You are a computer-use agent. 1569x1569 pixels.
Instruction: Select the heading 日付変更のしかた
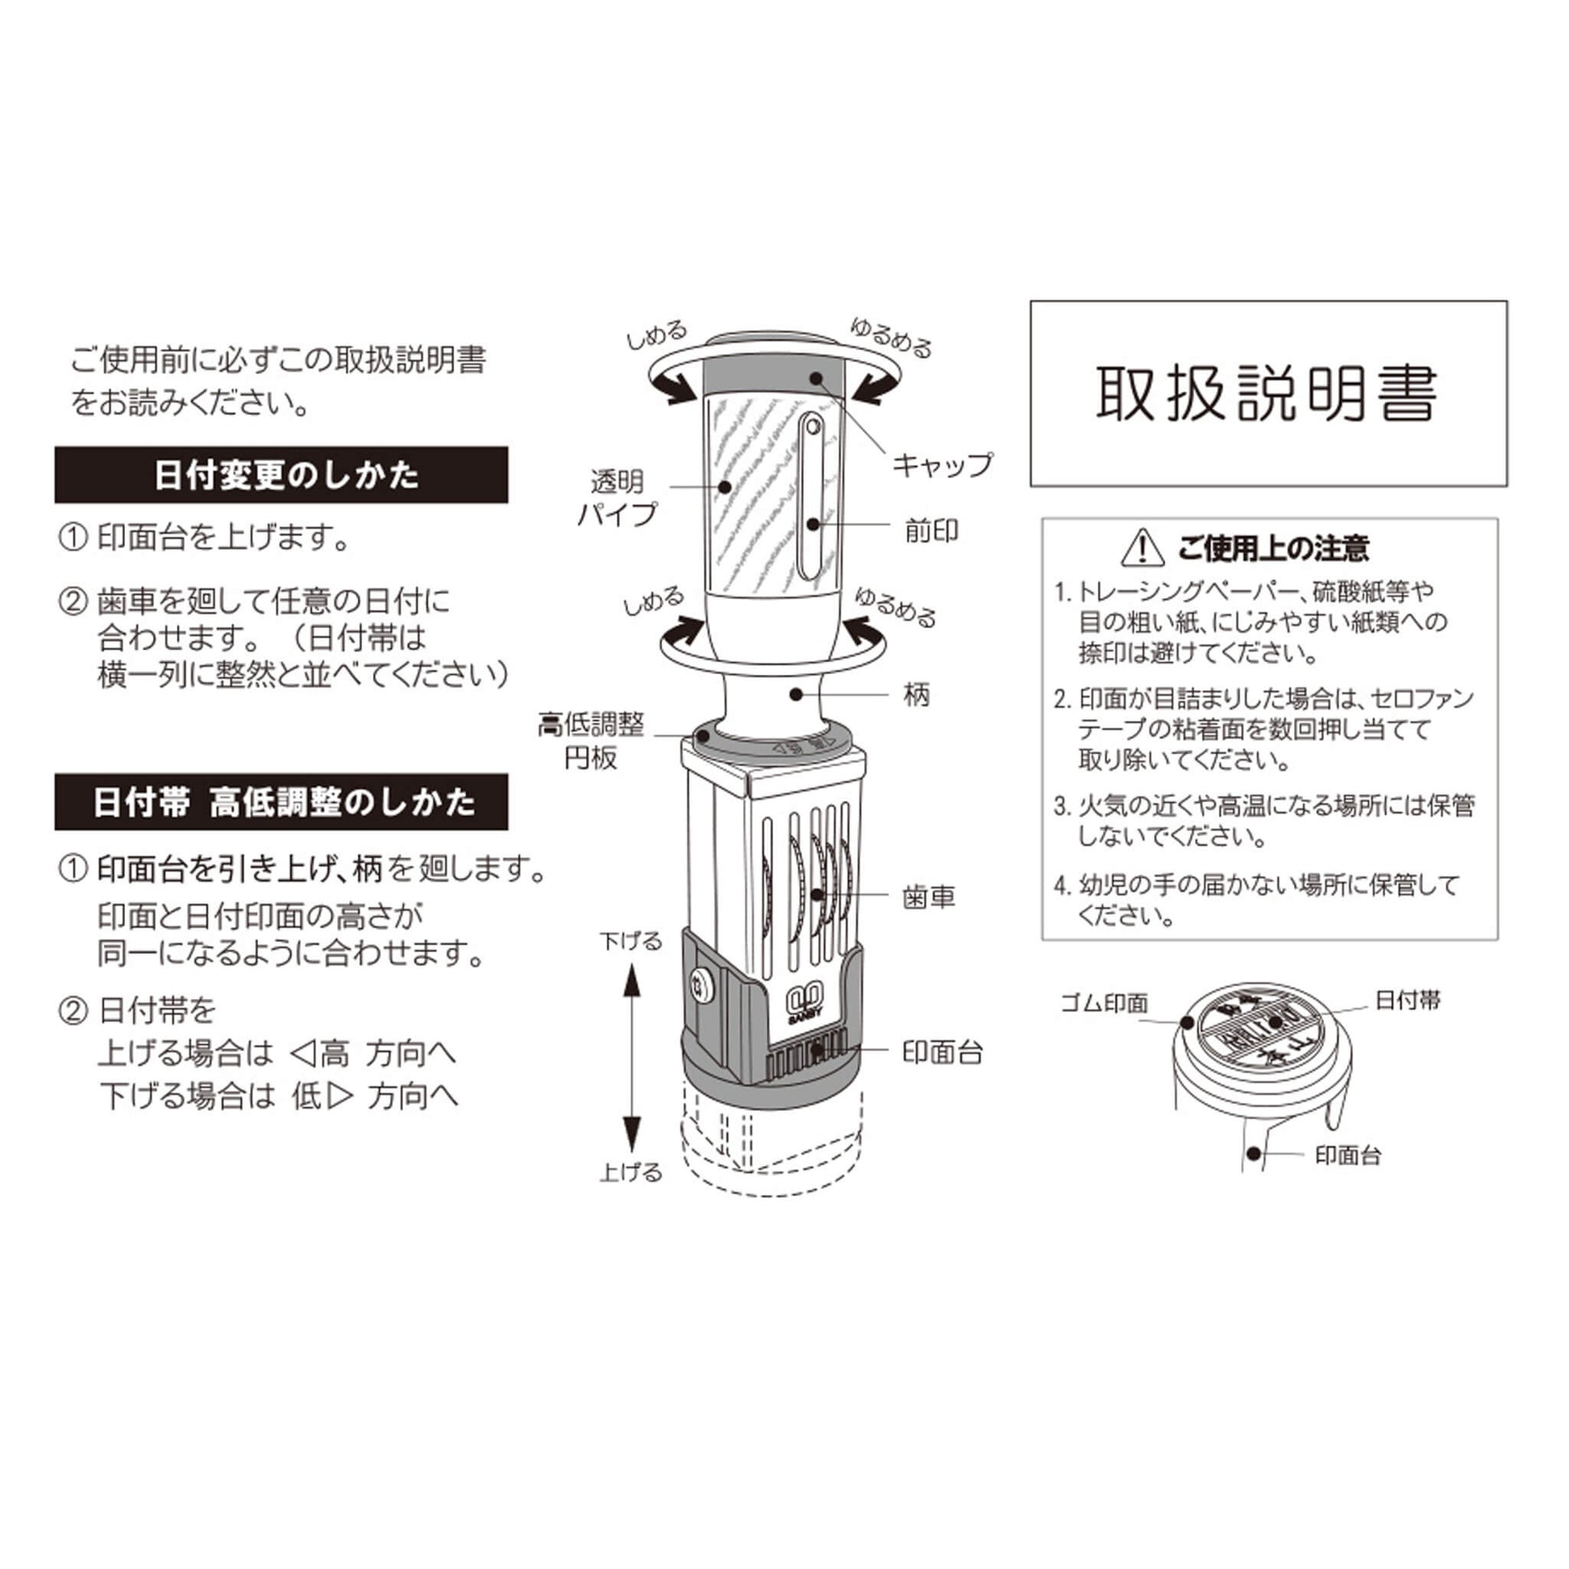tap(287, 475)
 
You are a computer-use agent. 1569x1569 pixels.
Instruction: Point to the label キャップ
tap(942, 464)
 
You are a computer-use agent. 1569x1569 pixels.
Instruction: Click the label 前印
tap(931, 531)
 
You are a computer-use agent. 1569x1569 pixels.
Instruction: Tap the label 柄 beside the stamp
tap(917, 694)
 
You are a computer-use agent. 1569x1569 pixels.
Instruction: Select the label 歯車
tap(929, 897)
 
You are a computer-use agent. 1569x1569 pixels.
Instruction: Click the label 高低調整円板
tap(591, 741)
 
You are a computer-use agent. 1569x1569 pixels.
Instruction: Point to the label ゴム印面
tap(1105, 1004)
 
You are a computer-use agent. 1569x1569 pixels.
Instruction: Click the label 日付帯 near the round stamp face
tap(1408, 1000)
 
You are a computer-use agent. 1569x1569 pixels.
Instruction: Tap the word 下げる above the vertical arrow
tap(631, 941)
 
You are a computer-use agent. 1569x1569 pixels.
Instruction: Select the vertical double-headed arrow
tap(631, 1056)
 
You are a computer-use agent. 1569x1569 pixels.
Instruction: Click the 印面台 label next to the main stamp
tap(942, 1052)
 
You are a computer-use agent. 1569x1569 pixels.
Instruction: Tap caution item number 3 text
tap(1263, 821)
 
